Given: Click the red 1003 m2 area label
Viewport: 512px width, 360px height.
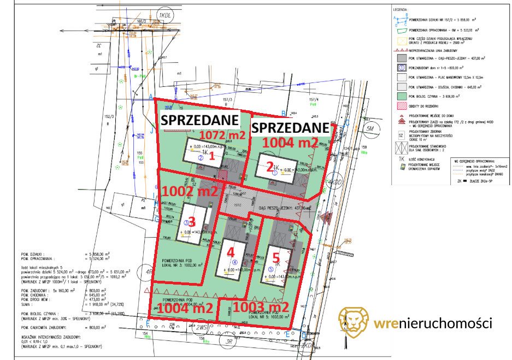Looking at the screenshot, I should point(260,308).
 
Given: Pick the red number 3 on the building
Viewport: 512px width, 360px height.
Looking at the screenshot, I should point(191,222).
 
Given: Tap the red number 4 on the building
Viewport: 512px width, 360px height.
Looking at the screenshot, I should point(230,252).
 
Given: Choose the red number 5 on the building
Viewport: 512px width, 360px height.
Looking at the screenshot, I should point(276,255).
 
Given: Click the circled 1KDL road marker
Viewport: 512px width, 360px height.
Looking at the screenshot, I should point(163,15).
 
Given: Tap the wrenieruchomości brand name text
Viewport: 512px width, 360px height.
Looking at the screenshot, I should point(433,323).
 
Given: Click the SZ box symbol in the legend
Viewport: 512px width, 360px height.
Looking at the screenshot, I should point(401,135).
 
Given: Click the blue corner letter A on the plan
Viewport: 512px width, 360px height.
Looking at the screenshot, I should point(150,96).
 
